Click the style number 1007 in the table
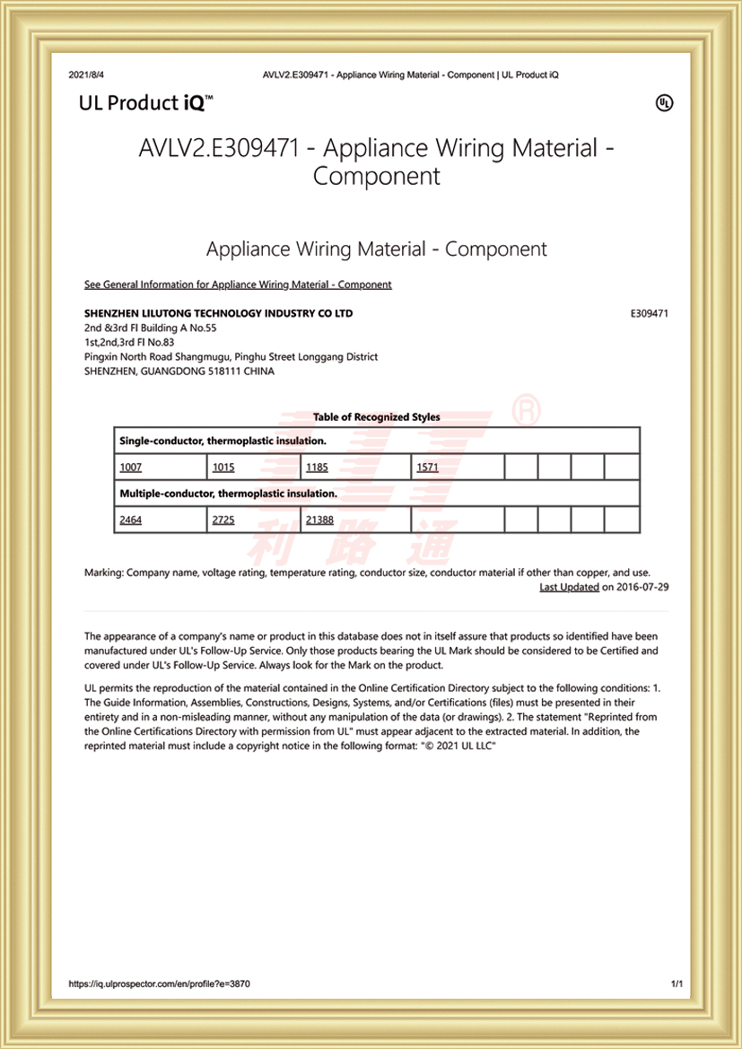tap(131, 468)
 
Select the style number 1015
tap(223, 468)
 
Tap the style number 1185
tap(318, 468)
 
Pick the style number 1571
tap(427, 468)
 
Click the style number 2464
tap(131, 520)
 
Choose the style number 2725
tap(223, 520)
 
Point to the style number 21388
tap(319, 520)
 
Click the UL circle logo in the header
tap(664, 103)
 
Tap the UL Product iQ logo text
tap(145, 103)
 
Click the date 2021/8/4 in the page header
tap(86, 74)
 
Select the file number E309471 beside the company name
tap(650, 314)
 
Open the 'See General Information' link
tap(238, 284)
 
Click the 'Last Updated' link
tap(569, 587)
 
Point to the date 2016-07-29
tap(642, 587)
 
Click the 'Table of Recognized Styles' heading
tap(377, 417)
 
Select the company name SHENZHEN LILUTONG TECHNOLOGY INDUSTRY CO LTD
tap(218, 314)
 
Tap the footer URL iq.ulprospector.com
tap(159, 984)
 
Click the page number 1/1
tap(677, 984)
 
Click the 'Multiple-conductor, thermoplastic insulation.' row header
tap(228, 494)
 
